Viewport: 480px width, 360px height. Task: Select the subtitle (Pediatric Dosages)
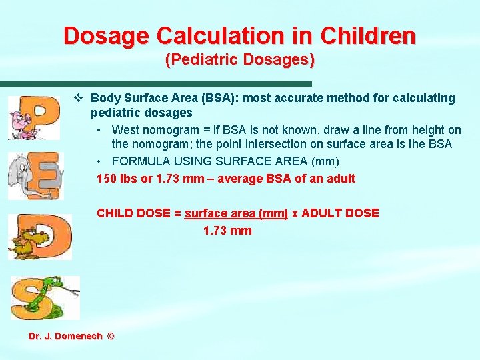click(x=239, y=60)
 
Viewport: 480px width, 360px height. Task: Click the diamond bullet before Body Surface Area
click(x=78, y=98)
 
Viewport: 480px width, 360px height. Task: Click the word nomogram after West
click(x=167, y=130)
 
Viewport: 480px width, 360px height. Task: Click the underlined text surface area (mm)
click(x=237, y=213)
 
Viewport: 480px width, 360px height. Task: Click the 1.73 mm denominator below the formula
click(x=227, y=231)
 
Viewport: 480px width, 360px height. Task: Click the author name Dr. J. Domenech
click(x=65, y=336)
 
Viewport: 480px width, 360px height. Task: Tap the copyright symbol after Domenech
click(x=110, y=336)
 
